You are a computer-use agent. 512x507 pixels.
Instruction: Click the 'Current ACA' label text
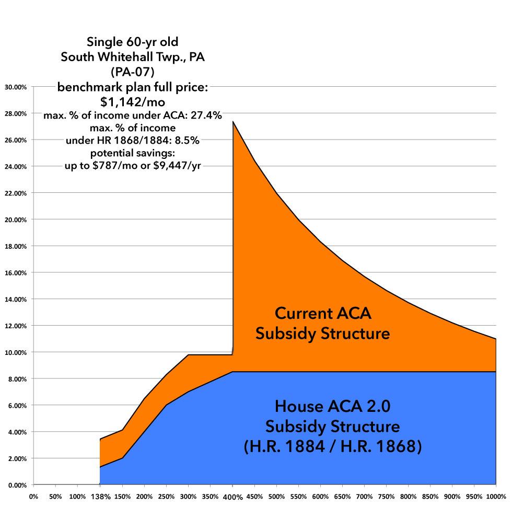click(x=322, y=314)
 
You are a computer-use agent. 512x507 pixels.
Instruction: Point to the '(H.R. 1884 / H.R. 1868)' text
click(x=332, y=447)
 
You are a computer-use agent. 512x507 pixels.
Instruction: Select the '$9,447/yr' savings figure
click(x=178, y=166)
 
